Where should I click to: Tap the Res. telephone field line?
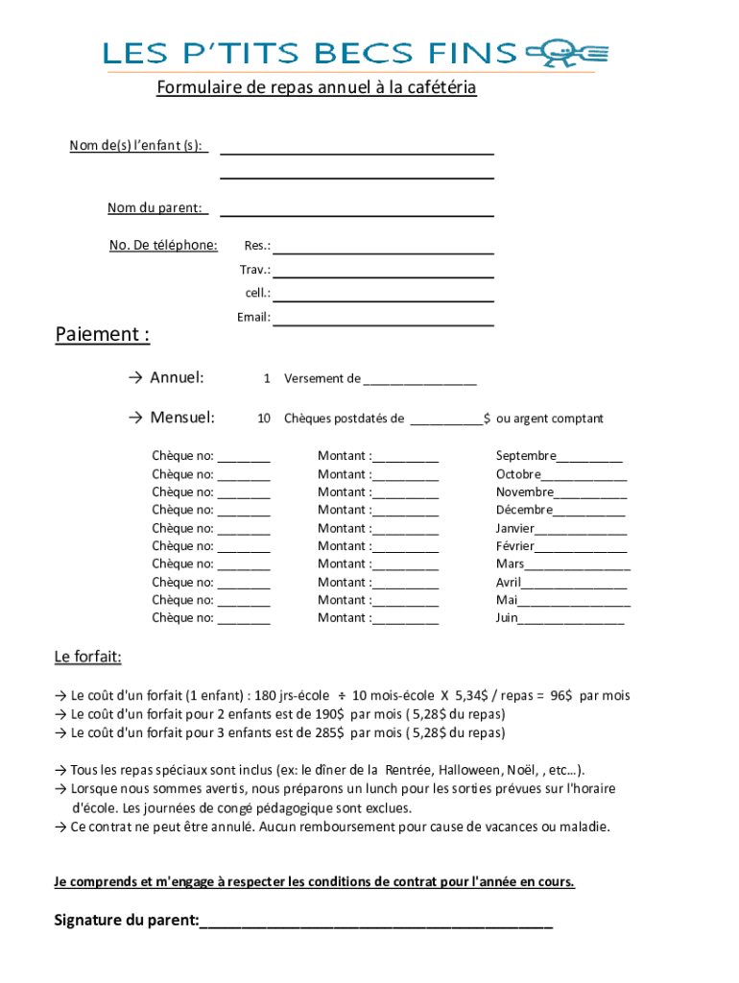click(384, 252)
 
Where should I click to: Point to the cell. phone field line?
click(384, 300)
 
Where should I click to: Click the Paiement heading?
click(102, 335)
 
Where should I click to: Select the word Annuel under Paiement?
click(177, 377)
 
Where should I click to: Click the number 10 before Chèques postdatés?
click(263, 419)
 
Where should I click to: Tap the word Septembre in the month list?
click(526, 456)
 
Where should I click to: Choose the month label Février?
click(515, 546)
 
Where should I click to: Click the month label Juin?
click(507, 618)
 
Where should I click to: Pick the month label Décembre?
click(524, 510)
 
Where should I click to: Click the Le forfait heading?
click(87, 658)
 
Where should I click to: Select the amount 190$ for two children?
click(329, 714)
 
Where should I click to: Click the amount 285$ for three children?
click(329, 732)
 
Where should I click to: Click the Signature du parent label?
click(127, 922)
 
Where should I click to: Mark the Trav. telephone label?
click(254, 270)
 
